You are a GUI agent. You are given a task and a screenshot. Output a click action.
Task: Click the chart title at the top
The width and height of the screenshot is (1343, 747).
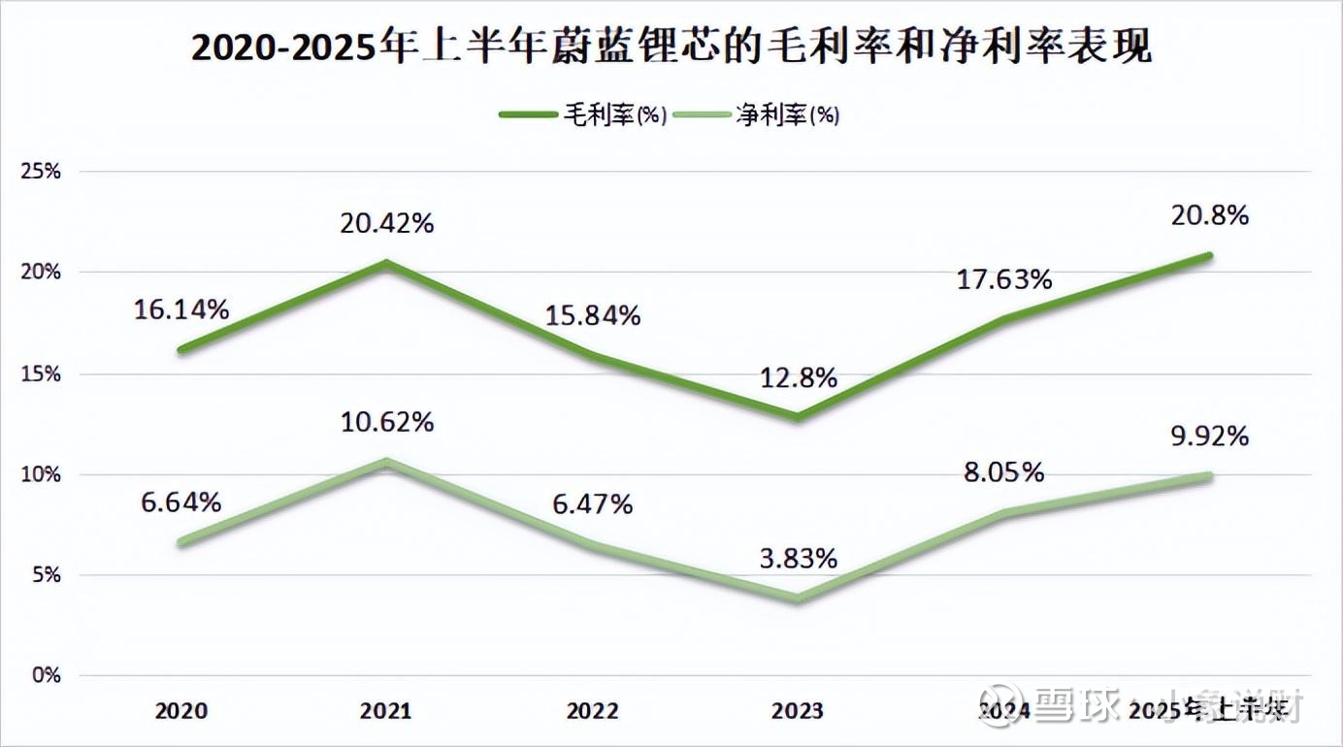[671, 47]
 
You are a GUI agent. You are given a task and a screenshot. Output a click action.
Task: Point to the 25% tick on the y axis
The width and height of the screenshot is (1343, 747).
[42, 172]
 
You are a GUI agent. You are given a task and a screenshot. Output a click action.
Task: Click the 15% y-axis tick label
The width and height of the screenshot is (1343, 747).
[42, 373]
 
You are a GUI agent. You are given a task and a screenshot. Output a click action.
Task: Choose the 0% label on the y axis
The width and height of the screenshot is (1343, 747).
[46, 675]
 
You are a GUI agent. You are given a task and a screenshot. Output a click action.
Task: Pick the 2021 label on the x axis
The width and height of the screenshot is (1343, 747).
[386, 711]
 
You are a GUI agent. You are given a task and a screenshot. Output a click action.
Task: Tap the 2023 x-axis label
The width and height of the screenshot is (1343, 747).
[798, 711]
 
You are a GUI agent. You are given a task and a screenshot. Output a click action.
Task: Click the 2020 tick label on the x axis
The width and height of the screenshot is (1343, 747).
[181, 711]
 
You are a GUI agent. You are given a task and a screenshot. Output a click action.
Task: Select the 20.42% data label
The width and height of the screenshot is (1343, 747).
[386, 224]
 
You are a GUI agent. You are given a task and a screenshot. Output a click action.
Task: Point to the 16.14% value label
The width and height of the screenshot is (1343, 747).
[181, 310]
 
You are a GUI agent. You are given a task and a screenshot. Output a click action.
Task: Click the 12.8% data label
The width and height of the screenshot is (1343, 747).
[798, 378]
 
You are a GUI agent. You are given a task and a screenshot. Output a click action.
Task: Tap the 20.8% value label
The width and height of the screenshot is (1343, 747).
[1209, 215]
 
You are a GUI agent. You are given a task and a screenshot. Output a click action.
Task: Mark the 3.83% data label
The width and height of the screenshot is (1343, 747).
[798, 559]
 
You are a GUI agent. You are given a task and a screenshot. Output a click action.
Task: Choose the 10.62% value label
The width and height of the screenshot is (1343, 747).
[386, 423]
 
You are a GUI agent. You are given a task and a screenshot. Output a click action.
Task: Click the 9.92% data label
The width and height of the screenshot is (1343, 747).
[1209, 437]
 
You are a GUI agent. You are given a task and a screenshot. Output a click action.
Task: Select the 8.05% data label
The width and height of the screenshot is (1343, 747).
[1004, 472]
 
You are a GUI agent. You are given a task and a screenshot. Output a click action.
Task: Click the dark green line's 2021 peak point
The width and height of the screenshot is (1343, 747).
[386, 263]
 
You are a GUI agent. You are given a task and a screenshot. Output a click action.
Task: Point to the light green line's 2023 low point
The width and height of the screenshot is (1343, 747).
[798, 599]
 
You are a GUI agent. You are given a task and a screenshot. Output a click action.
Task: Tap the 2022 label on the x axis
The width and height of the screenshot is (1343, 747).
[592, 711]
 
